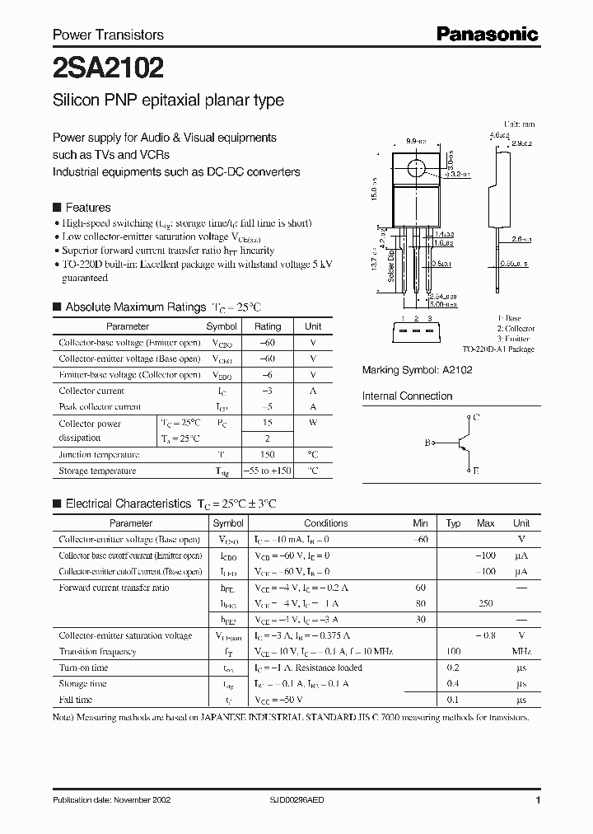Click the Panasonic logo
[x=487, y=34]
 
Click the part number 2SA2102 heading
[x=108, y=67]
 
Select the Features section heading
[x=87, y=208]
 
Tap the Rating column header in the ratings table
[x=268, y=326]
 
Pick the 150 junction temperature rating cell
[x=268, y=455]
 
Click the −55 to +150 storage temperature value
[x=268, y=471]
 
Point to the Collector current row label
[x=91, y=391]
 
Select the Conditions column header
[x=325, y=523]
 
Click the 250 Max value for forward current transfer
[x=485, y=603]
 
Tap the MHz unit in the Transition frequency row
[x=521, y=651]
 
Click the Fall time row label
[x=76, y=700]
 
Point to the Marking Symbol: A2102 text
[x=418, y=371]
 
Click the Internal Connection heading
[x=407, y=396]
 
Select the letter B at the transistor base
[x=427, y=443]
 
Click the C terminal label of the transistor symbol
[x=474, y=418]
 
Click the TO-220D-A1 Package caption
[x=497, y=349]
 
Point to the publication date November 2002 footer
[x=111, y=800]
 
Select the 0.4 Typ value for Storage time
[x=452, y=683]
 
